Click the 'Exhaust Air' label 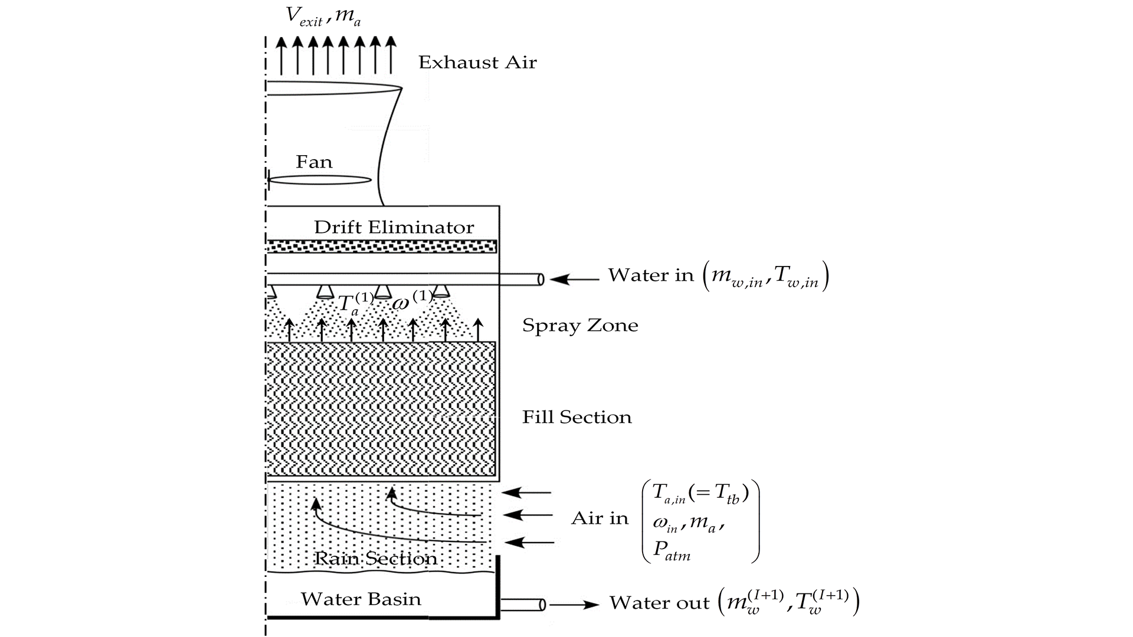coord(477,63)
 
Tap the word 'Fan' coord(314,162)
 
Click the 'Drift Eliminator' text coord(394,228)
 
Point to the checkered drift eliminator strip coord(381,247)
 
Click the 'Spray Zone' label coord(580,326)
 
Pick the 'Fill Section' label coord(577,418)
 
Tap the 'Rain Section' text coord(376,559)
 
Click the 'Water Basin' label coord(361,599)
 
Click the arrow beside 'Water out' coord(574,605)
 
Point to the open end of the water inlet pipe coord(541,279)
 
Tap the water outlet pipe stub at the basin coord(523,605)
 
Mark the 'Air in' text coord(600,518)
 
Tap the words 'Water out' coord(659,603)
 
